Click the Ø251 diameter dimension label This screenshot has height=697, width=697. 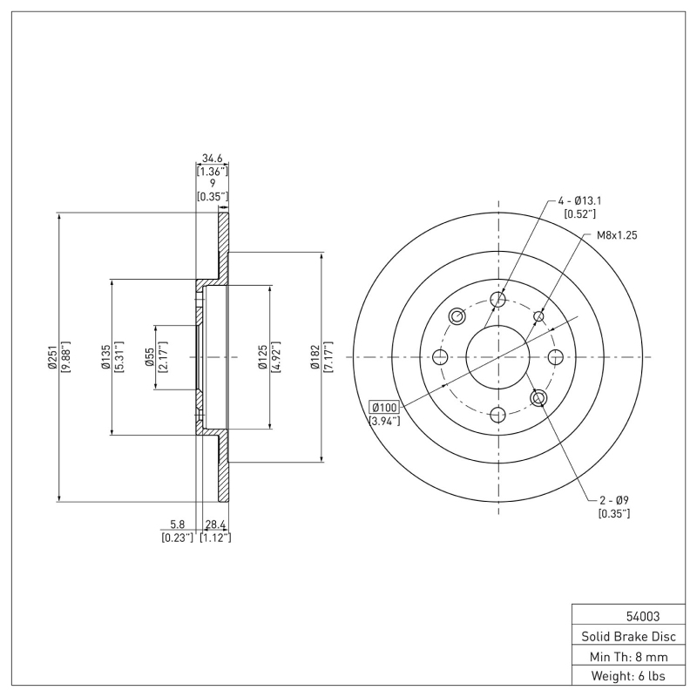point(54,357)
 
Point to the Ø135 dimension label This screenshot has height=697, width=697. point(106,357)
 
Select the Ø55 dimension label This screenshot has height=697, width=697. point(150,357)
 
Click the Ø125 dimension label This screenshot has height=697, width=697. point(262,357)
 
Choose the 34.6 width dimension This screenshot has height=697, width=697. point(213,159)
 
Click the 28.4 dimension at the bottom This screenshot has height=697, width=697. point(215,524)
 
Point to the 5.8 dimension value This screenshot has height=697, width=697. point(177,524)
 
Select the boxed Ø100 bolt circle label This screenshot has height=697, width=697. point(384,408)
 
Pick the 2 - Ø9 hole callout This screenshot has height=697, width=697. point(614,500)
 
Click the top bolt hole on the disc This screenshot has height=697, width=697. point(497,301)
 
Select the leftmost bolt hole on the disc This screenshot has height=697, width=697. point(440,357)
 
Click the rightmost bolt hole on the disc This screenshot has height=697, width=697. point(555,355)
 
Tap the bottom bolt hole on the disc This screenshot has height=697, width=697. point(497,414)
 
